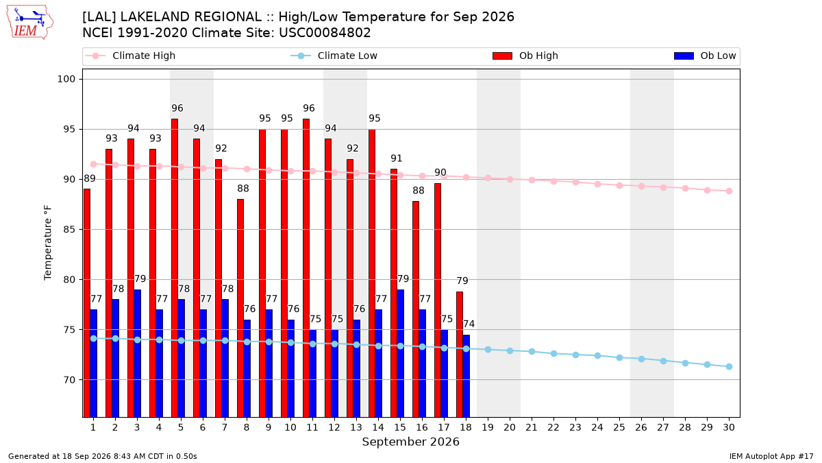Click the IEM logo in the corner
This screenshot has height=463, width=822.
tap(30, 23)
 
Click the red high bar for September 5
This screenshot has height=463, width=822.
tap(175, 268)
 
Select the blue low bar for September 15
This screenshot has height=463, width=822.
tap(401, 353)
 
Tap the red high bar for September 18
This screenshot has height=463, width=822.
tap(460, 354)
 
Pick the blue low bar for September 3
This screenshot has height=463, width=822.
tap(137, 353)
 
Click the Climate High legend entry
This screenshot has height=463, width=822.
tap(131, 56)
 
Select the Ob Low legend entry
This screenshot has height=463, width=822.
tap(705, 56)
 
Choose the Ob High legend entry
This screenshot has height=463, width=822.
tap(525, 56)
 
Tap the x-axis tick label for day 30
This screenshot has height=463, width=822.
tap(729, 427)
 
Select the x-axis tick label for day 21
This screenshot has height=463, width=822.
tap(532, 427)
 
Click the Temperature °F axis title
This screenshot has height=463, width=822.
tap(48, 243)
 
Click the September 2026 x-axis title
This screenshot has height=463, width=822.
tap(410, 442)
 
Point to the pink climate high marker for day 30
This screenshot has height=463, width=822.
tap(729, 191)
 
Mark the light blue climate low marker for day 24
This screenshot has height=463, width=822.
tap(597, 356)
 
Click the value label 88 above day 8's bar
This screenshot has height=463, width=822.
tap(243, 189)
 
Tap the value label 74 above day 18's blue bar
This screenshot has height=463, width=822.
tap(469, 324)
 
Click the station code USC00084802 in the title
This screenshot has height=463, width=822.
tap(325, 33)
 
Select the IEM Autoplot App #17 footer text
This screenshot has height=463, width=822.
tap(771, 456)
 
